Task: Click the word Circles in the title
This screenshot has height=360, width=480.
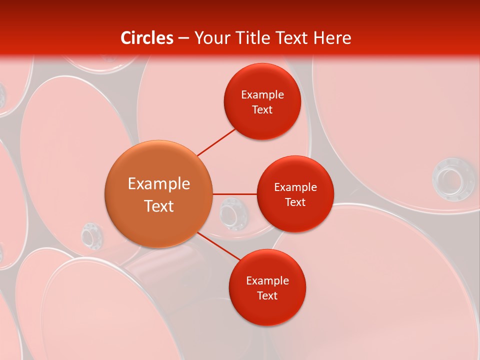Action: [146, 38]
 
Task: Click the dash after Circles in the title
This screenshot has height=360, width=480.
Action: [183, 38]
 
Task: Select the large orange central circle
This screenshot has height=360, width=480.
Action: [158, 194]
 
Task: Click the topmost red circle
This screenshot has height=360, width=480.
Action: [262, 101]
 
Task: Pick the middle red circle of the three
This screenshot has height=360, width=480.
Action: [295, 194]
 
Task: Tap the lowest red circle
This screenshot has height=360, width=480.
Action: [267, 287]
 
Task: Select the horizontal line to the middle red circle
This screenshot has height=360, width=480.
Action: [234, 194]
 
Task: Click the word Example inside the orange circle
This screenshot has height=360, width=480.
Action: [159, 184]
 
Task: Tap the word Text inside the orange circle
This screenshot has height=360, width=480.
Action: [159, 206]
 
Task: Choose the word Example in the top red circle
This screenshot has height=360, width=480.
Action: [262, 94]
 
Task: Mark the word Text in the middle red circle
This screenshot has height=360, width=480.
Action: [295, 202]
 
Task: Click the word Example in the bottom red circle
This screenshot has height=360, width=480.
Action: [267, 280]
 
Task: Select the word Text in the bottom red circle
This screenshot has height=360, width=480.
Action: [267, 295]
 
